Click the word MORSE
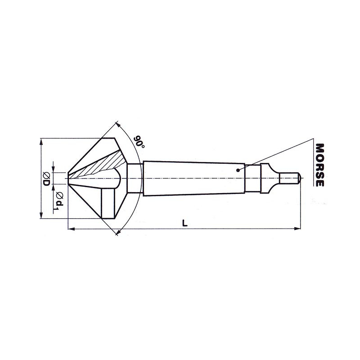pyautogui.click(x=320, y=165)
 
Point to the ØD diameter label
pyautogui.click(x=46, y=179)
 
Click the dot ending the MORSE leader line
pyautogui.click(x=238, y=170)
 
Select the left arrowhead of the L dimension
pyautogui.click(x=71, y=230)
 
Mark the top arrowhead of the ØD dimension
pyautogui.click(x=41, y=141)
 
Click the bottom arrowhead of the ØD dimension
pyautogui.click(x=41, y=216)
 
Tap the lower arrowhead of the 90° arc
pyautogui.click(x=118, y=233)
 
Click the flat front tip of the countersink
pyautogui.click(x=68, y=178)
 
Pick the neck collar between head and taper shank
pyautogui.click(x=135, y=178)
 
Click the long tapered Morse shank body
pyautogui.click(x=193, y=178)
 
